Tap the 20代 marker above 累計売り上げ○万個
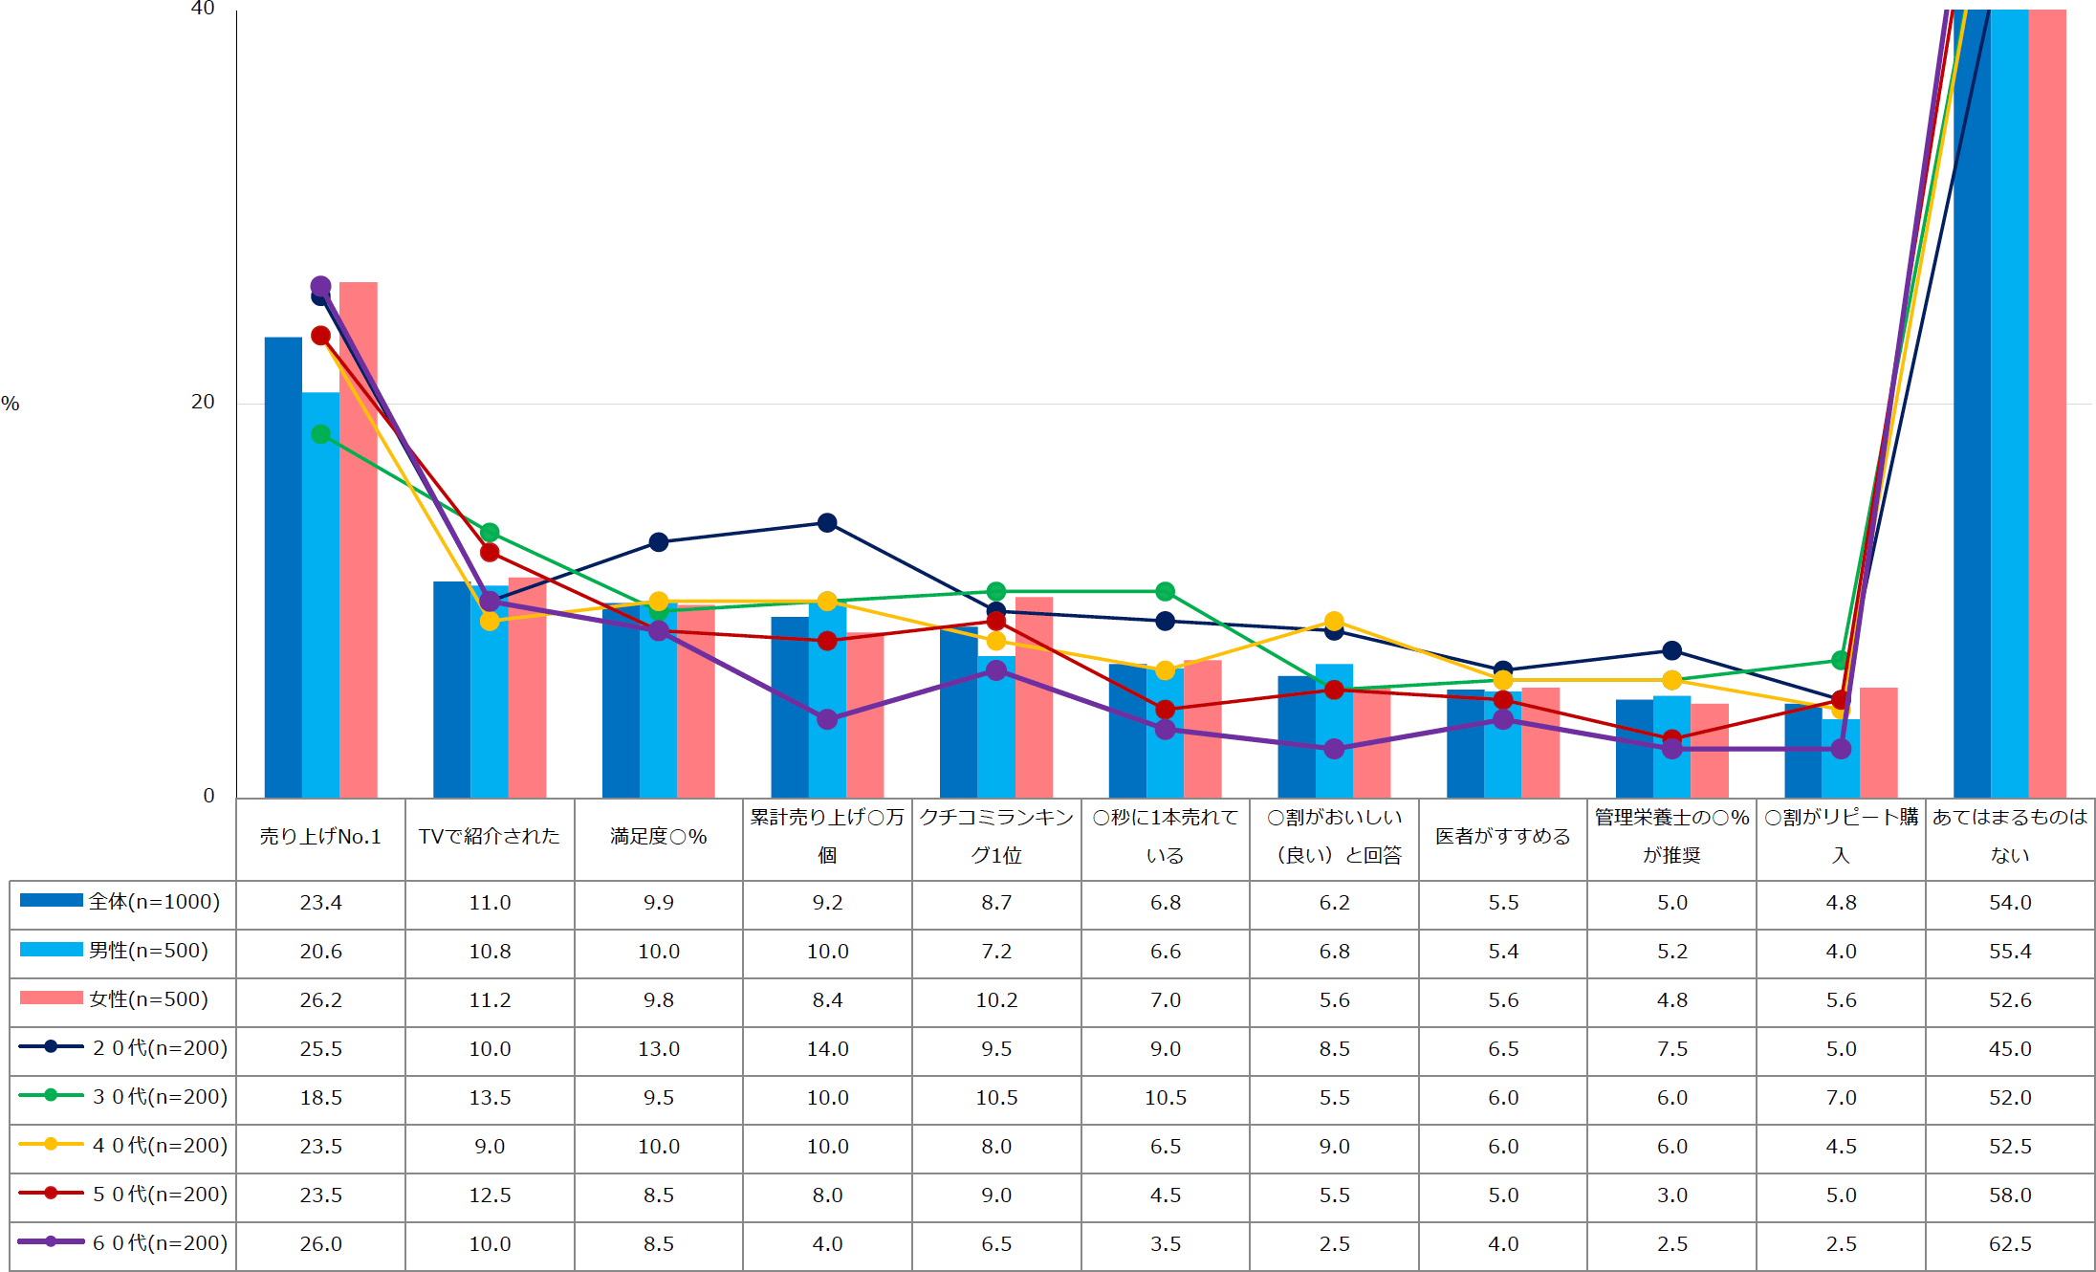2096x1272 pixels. pyautogui.click(x=827, y=522)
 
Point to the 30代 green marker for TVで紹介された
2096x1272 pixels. pyautogui.click(x=490, y=533)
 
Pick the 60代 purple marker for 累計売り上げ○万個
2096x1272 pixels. pyautogui.click(x=827, y=719)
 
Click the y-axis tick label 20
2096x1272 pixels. pyautogui.click(x=203, y=402)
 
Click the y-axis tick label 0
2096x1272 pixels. pyautogui.click(x=208, y=796)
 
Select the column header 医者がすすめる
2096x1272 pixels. pyautogui.click(x=1502, y=837)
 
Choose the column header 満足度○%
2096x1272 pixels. pyautogui.click(x=658, y=837)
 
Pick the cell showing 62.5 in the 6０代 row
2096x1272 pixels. pyautogui.click(x=2009, y=1244)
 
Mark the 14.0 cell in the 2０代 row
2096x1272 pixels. pyautogui.click(x=827, y=1049)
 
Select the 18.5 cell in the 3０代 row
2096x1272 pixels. pyautogui.click(x=320, y=1098)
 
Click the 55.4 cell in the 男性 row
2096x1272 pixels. pyautogui.click(x=2009, y=952)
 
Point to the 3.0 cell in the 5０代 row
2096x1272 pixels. pyautogui.click(x=1671, y=1195)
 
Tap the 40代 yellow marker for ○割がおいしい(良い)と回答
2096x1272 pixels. pyautogui.click(x=1334, y=622)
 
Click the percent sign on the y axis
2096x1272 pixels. pyautogui.click(x=11, y=404)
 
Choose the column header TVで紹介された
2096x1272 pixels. pyautogui.click(x=490, y=837)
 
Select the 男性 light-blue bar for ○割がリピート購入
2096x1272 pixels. pyautogui.click(x=1841, y=760)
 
